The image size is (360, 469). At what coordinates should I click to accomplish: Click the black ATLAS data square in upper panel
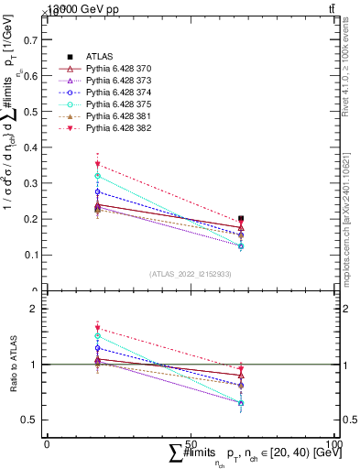pyautogui.click(x=241, y=220)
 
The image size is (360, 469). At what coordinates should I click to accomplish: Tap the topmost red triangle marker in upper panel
pyautogui.click(x=97, y=165)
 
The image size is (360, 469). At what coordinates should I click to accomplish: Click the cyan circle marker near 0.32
pyautogui.click(x=97, y=176)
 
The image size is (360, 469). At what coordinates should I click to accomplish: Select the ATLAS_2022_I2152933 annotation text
pyautogui.click(x=190, y=274)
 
